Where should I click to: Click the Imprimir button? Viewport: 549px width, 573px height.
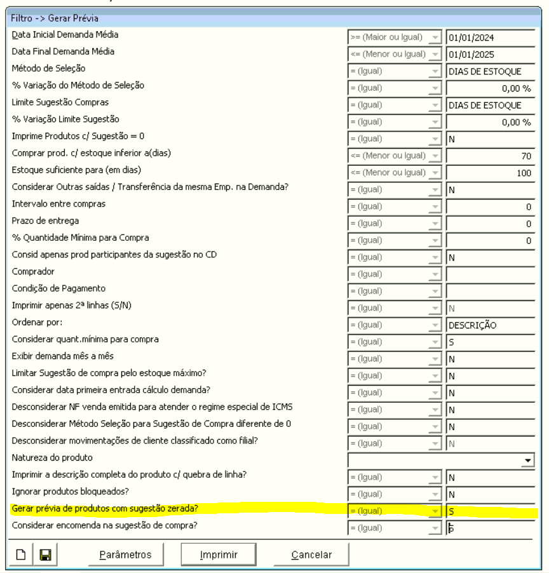219,555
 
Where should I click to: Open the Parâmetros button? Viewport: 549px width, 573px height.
125,555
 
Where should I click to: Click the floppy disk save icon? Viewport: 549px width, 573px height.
45,555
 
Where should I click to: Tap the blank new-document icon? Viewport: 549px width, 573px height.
21,555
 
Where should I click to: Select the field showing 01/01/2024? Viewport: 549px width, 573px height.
490,37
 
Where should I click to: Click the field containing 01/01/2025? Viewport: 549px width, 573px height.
490,54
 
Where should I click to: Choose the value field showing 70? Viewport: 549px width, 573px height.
490,155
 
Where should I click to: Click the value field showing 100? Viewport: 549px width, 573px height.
490,172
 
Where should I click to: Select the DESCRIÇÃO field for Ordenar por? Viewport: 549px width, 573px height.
490,325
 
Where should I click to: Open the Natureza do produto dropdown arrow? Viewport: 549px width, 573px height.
527,459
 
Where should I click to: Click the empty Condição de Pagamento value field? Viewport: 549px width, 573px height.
490,291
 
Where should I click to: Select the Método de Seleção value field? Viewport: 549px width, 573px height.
490,71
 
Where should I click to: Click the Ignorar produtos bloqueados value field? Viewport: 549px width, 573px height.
490,494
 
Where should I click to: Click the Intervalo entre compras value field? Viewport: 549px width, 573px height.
490,206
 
